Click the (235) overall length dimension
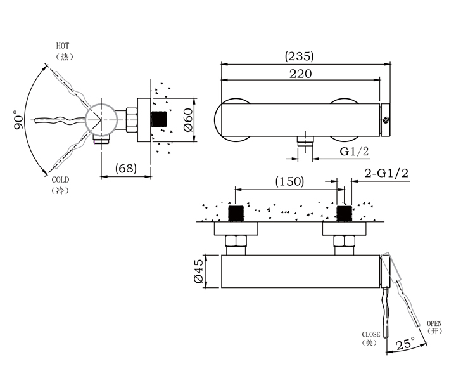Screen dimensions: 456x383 (x=299, y=56)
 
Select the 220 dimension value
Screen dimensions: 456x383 (x=300, y=74)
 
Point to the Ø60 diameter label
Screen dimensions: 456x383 (x=189, y=120)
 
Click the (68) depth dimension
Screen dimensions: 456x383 (x=125, y=168)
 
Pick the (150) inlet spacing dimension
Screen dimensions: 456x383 (x=289, y=181)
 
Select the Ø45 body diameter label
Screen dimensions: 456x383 (x=199, y=271)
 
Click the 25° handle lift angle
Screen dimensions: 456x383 (x=405, y=344)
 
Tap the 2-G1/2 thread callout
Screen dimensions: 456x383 (x=386, y=173)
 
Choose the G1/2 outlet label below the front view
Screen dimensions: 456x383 (x=354, y=152)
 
